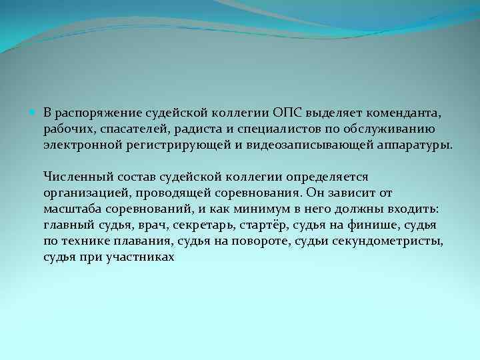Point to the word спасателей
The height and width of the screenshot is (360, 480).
click(x=123, y=127)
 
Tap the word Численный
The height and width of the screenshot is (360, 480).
click(x=73, y=176)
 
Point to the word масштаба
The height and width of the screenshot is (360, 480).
click(x=69, y=209)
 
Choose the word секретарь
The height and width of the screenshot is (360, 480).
click(x=208, y=225)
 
